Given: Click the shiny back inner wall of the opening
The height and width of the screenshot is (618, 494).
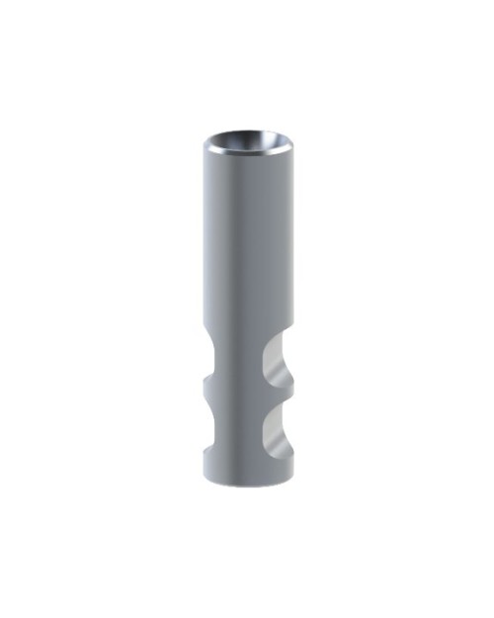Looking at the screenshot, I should (247, 135).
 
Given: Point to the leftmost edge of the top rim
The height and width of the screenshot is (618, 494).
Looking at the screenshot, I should (204, 144).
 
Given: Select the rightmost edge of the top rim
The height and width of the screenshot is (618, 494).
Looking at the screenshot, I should (290, 144).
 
